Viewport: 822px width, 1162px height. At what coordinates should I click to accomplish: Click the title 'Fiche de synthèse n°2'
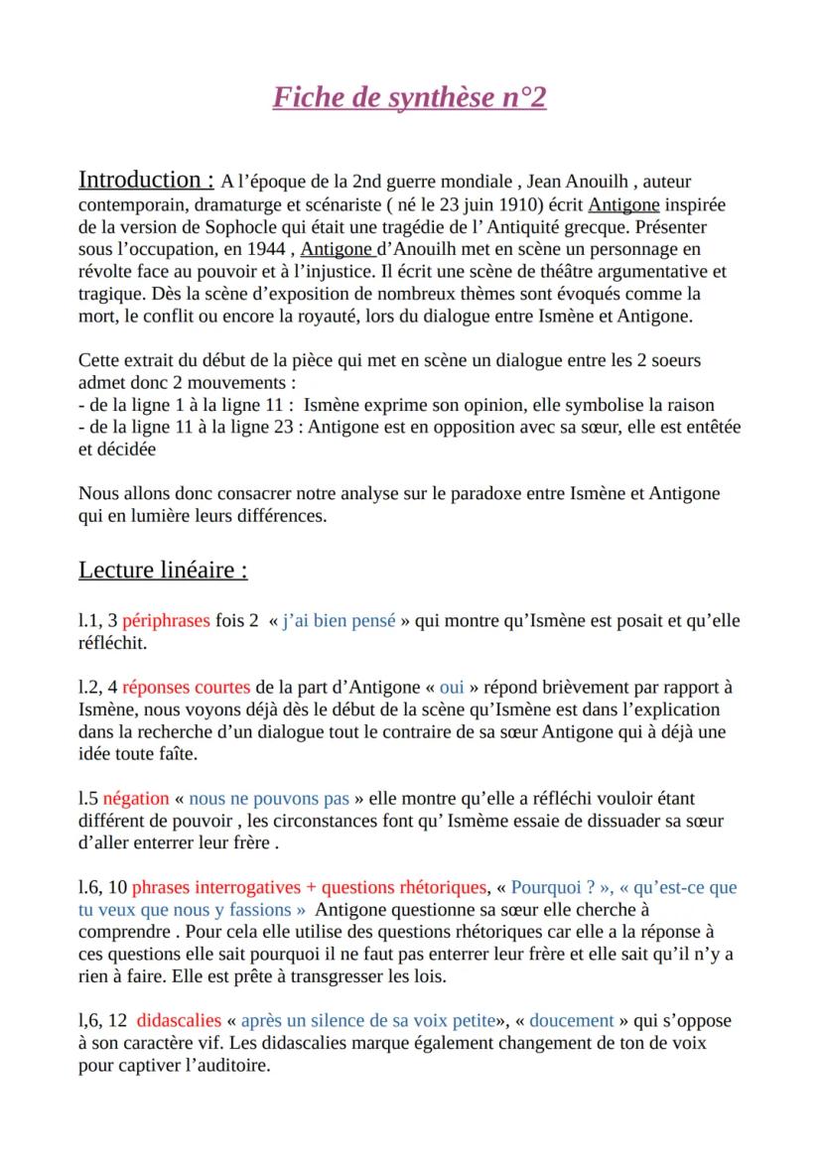click(x=410, y=98)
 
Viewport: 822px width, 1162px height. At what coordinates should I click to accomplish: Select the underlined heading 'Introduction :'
click(x=146, y=180)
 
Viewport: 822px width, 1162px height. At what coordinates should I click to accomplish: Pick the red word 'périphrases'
click(x=166, y=621)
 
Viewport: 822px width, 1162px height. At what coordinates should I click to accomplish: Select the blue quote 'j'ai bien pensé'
click(x=339, y=621)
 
